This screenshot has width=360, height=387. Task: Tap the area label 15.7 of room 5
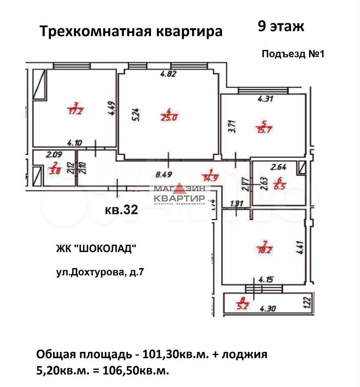coord(264,129)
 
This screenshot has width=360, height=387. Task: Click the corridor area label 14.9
coord(211,178)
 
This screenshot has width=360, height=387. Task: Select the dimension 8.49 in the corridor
coord(164,175)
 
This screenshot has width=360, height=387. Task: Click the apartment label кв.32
coord(121,210)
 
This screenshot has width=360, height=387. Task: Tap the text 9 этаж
coord(281,27)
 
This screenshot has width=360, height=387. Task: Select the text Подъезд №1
coord(293,54)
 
